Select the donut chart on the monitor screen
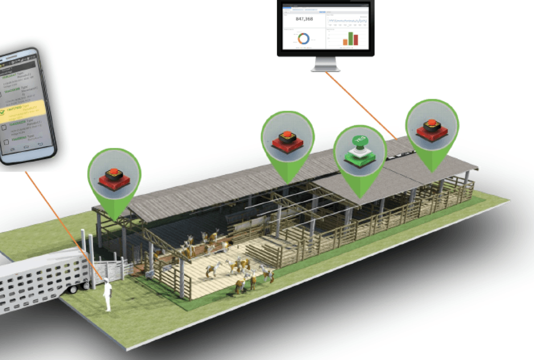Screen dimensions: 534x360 [x=303, y=39]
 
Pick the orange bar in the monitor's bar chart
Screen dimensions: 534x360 [x=345, y=42]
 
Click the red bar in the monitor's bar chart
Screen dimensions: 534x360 [x=356, y=38]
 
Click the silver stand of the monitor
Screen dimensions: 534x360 [x=325, y=64]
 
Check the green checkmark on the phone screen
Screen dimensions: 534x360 [x=3, y=113]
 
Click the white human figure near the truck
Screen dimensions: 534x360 [x=107, y=295]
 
